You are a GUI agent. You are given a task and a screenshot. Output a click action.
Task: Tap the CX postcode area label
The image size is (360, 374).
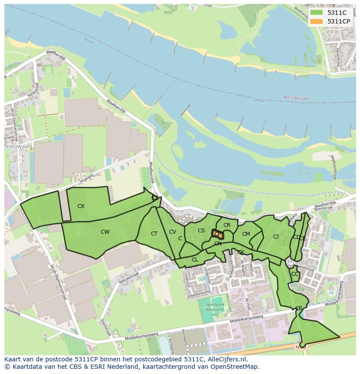point(81,206)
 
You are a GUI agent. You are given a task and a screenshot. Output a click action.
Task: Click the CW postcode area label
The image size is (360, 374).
point(105,232)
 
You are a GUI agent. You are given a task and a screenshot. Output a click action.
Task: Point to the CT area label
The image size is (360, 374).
point(154,234)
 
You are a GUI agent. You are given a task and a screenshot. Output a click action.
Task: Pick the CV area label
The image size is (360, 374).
point(173,232)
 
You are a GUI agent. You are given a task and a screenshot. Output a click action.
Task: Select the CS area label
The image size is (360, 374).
point(201,231)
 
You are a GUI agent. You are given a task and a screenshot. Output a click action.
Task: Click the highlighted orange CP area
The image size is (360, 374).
point(218,235)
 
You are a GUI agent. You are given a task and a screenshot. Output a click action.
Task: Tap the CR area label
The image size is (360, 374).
point(227,225)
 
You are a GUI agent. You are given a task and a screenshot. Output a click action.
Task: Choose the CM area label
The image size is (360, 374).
point(246,234)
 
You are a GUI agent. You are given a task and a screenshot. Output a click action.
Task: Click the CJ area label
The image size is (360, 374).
point(276,237)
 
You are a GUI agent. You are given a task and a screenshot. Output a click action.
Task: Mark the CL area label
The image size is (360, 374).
point(195,260)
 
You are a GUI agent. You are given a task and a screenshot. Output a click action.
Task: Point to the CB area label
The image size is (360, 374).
point(298,308)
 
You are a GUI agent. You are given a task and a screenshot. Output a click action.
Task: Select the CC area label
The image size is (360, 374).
point(295,274)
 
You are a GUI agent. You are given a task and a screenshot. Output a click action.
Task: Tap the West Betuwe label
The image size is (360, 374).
point(296,98)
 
